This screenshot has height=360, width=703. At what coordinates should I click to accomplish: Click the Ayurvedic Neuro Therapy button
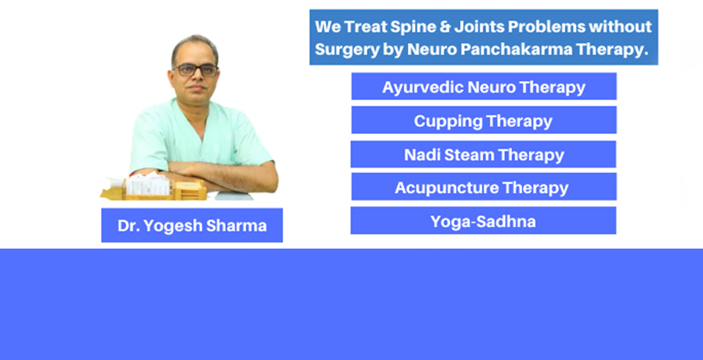point(484,86)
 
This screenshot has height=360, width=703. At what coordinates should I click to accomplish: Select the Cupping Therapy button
point(484,120)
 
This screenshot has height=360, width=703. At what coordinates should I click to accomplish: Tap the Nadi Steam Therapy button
point(484,154)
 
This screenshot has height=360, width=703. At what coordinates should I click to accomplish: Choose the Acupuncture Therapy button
point(484,187)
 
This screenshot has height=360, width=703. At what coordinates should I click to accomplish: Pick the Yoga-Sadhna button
point(484,220)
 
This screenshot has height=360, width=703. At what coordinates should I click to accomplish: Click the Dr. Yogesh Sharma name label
point(192,225)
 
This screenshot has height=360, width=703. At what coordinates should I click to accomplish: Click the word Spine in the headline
point(419,27)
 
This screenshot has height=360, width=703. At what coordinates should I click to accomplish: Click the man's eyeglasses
point(196,70)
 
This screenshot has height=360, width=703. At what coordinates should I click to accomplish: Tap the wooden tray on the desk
point(153,191)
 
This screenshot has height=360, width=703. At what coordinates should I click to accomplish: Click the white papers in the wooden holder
point(148,183)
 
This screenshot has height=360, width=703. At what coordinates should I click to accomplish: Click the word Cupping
point(448,121)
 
